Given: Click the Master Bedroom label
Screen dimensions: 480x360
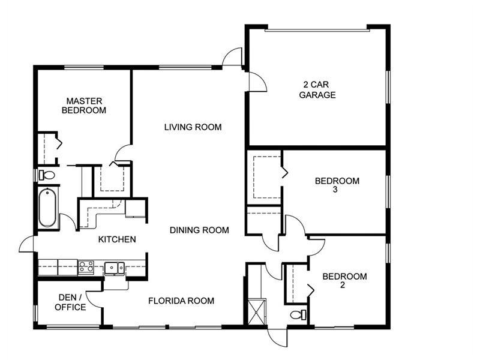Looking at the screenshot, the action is (x=84, y=106).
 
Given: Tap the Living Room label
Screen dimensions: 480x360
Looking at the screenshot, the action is (x=193, y=127).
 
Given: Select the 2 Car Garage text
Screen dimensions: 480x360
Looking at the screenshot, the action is (x=317, y=89).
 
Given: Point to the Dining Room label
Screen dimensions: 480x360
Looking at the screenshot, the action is (x=199, y=230).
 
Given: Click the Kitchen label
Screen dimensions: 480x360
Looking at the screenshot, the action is (x=117, y=239).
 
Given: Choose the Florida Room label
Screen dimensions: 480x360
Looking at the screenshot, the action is (x=181, y=301).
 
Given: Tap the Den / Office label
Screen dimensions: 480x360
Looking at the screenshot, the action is (x=70, y=302).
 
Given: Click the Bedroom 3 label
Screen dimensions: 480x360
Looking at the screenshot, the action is (x=337, y=185).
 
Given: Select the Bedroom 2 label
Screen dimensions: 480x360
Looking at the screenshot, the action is (x=344, y=280).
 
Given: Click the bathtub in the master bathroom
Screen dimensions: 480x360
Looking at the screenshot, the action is (x=47, y=208).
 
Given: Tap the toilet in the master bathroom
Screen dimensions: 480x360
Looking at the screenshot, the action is (x=47, y=175).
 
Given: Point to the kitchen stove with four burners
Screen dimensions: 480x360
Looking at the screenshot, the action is (x=86, y=267).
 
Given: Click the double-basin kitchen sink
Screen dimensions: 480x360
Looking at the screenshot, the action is (x=115, y=268).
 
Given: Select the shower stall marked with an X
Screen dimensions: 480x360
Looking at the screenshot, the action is (x=257, y=311).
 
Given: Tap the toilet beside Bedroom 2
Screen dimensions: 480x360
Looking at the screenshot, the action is (x=298, y=314).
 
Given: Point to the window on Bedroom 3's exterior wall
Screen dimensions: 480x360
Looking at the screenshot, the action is (x=388, y=191).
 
